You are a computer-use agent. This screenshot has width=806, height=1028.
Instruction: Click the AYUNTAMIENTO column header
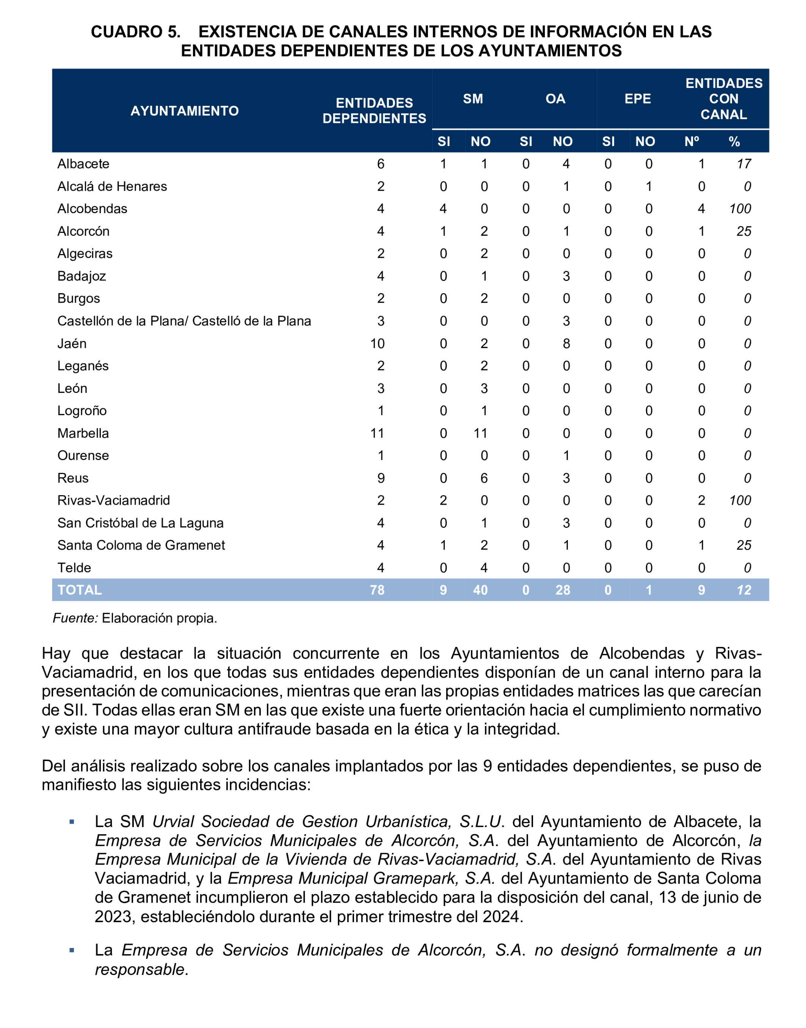coord(185,111)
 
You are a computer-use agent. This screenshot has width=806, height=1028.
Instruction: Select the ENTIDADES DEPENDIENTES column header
coord(374,111)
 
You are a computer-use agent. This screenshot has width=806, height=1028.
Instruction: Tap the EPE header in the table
coord(638,99)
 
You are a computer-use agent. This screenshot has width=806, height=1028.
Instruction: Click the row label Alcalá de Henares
coord(112,187)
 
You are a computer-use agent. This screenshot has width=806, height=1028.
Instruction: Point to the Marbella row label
coord(83,433)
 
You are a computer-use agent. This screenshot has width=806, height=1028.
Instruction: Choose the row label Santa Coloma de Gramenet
coord(141,545)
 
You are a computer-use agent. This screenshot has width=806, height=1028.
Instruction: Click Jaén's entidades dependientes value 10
coord(378,344)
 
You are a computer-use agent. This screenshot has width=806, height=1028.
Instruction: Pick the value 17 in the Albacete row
coord(744,164)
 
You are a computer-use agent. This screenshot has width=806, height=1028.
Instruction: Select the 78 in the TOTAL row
coord(378,590)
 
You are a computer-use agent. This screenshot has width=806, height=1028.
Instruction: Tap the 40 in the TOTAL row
coord(480,590)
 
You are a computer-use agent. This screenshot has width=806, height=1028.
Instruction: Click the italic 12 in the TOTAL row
coord(744,590)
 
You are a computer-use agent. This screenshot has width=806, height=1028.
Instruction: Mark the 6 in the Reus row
coord(484,478)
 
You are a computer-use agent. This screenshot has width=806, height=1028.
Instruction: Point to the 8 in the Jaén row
coord(566,344)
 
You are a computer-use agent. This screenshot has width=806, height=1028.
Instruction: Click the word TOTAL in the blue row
coord(79,590)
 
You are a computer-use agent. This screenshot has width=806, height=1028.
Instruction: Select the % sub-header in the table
coord(734,141)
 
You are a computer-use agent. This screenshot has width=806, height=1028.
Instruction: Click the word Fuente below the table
coord(75,618)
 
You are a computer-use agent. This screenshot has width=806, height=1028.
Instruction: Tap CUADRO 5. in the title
coord(135,31)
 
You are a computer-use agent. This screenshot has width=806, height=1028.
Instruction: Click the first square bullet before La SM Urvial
coord(72,822)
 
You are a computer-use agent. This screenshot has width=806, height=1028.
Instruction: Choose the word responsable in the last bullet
coord(140,970)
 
